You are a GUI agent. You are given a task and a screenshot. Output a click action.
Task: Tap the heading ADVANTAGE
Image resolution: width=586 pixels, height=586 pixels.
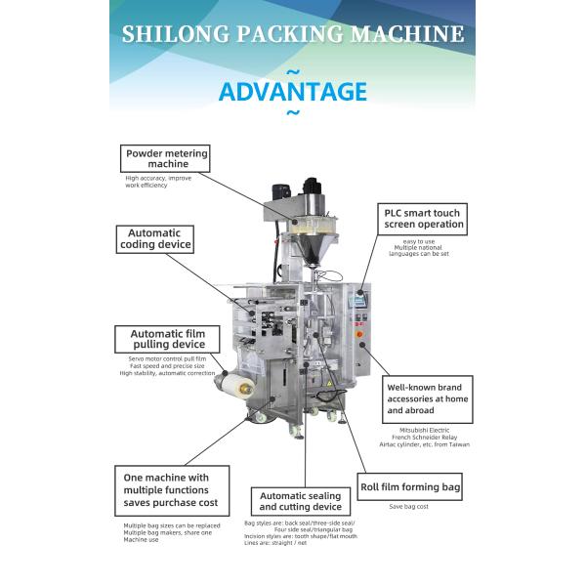tap(293, 92)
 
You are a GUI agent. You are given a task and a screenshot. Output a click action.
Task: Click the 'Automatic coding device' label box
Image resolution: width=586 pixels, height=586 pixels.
tap(154, 239)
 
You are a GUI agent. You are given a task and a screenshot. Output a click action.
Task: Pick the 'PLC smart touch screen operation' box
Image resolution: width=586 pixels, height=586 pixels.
tap(423, 218)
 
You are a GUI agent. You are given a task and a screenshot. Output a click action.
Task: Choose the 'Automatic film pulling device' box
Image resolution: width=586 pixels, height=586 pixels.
tap(168, 339)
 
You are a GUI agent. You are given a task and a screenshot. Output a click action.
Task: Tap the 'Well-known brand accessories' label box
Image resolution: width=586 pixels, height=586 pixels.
tap(428, 398)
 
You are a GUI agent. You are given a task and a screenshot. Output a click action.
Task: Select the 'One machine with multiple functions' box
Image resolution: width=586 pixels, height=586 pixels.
tap(171, 490)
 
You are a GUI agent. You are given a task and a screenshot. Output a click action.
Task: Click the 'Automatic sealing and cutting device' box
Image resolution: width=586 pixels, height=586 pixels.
tap(300, 501)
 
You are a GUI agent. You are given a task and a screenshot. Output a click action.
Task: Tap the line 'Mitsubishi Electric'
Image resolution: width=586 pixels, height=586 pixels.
tap(410, 429)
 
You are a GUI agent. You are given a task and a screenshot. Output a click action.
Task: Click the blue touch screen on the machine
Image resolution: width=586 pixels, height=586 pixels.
tap(360, 300)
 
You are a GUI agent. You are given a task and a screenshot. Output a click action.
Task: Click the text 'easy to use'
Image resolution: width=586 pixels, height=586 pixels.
tap(419, 240)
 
